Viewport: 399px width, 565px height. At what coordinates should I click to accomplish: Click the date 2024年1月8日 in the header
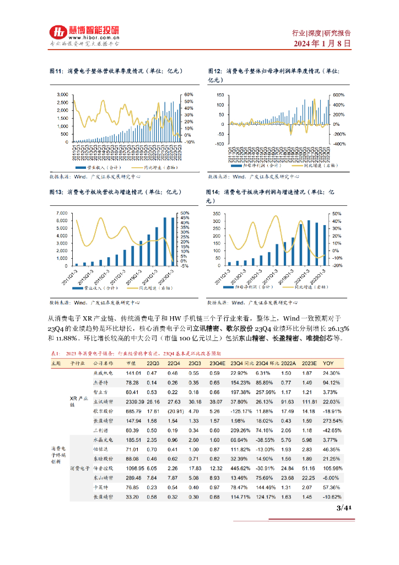click(322, 43)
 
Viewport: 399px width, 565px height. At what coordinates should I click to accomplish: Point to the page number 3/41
click(343, 508)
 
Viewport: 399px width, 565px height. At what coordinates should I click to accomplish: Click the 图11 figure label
click(57, 71)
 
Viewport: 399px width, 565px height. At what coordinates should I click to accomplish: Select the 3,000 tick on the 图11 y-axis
click(62, 94)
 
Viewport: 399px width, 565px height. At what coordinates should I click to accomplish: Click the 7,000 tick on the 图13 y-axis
click(62, 213)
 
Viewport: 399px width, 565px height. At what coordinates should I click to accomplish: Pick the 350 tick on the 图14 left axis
click(217, 213)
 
